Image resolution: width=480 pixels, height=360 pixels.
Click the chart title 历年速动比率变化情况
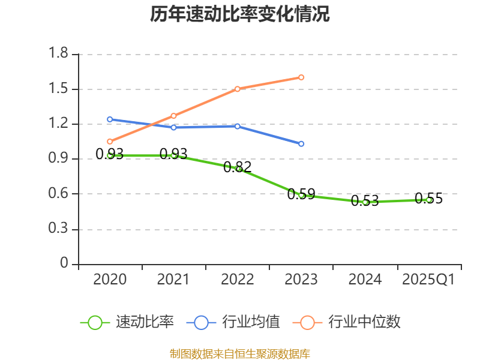tap(240, 14)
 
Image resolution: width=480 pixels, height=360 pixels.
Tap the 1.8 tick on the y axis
tap(59, 54)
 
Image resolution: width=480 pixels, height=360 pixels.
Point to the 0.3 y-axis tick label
tap(59, 229)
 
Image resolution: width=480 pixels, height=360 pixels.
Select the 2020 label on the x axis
tap(110, 279)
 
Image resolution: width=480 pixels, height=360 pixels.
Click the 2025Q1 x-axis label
tap(428, 279)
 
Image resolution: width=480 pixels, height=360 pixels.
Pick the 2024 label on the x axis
tap(365, 279)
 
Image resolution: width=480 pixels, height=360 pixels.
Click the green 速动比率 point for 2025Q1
tap(428, 200)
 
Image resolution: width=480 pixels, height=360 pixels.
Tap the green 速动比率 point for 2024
tap(365, 202)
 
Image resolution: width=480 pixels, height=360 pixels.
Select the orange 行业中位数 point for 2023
tap(301, 77)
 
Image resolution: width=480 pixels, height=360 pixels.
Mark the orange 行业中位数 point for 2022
tap(238, 89)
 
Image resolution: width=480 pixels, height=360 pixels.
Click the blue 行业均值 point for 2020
tap(110, 119)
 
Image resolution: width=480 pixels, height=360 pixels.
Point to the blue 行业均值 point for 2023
tap(301, 144)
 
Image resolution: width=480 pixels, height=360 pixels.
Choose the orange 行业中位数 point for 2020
tap(110, 142)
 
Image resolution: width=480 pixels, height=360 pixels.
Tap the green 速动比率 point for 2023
tap(301, 195)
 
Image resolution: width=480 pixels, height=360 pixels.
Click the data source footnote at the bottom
tap(240, 353)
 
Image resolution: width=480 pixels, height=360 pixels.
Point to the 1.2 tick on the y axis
tap(59, 124)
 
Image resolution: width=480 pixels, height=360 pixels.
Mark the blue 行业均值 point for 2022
tap(238, 126)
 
